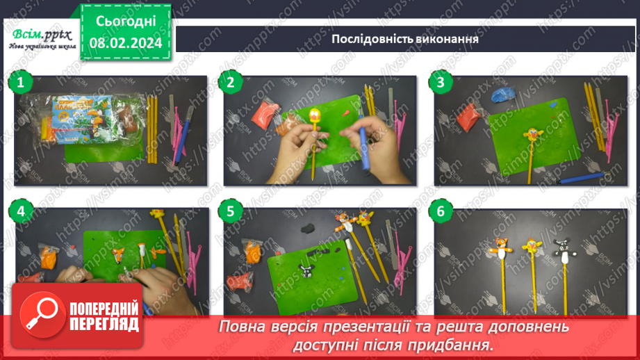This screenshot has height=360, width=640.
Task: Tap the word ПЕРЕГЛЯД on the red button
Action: pos(104,324)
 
